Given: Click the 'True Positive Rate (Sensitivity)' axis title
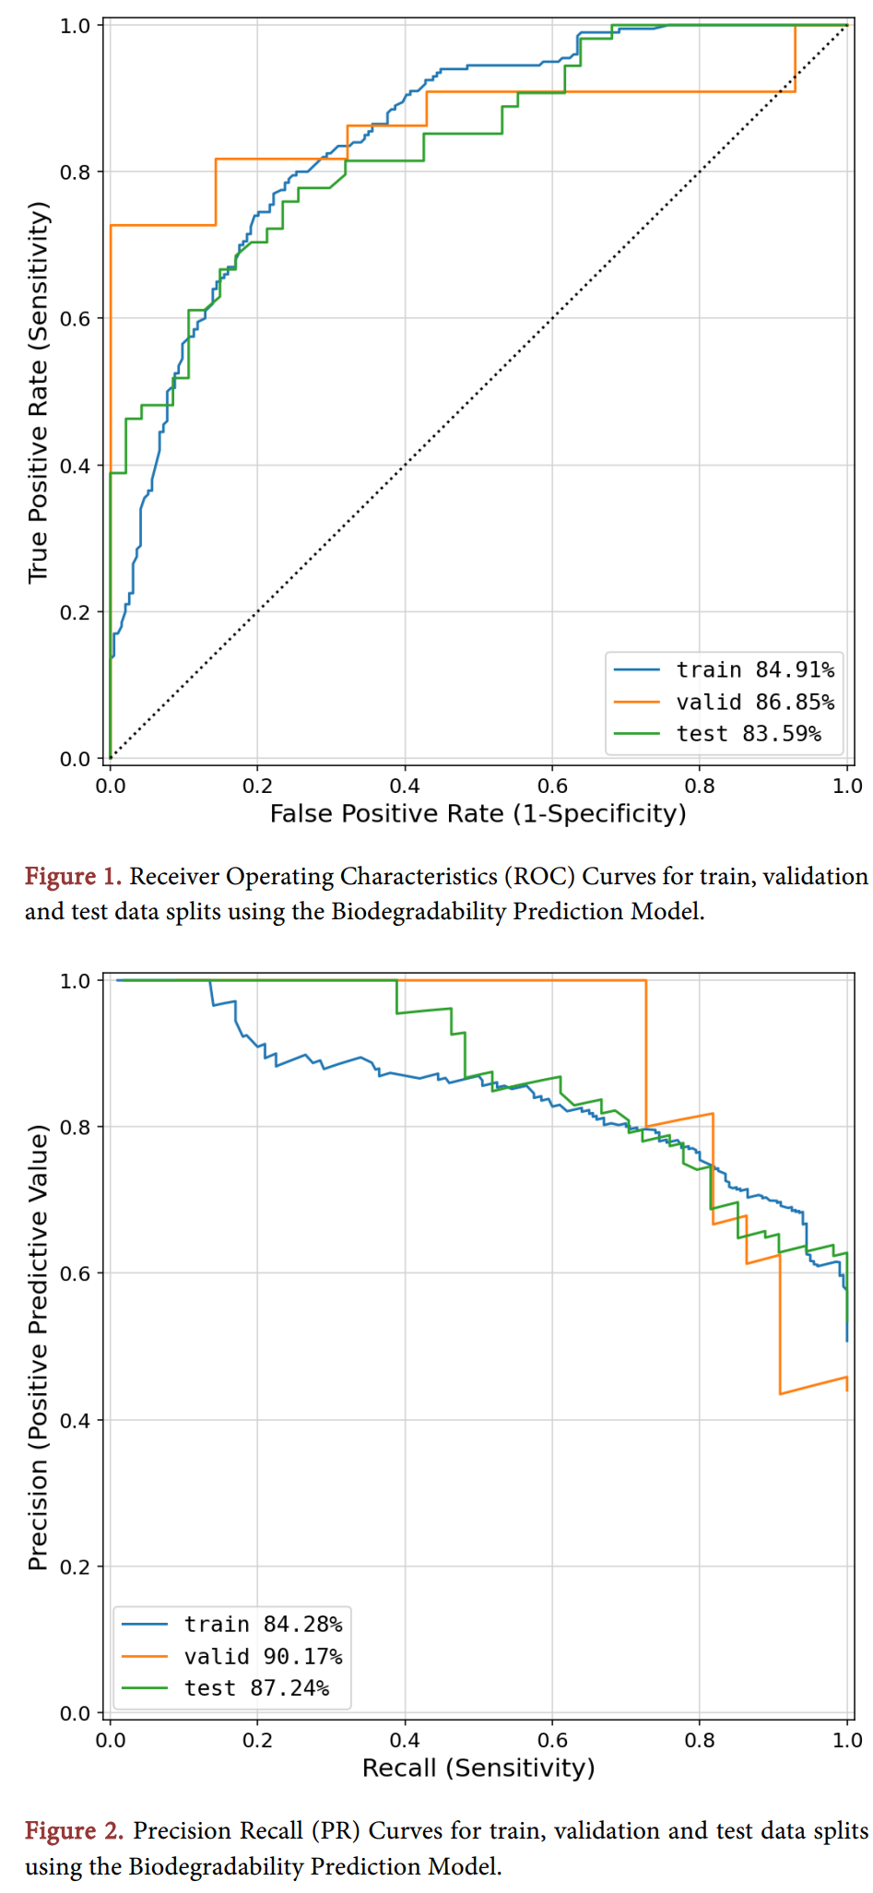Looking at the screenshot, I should pos(37,392).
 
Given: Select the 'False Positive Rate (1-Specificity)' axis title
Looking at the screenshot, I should pos(478,814).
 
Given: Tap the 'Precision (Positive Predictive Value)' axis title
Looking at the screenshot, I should pos(37,1346).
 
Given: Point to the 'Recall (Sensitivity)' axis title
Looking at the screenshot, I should pos(478,1768).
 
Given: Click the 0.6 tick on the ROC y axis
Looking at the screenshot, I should pos(76,319).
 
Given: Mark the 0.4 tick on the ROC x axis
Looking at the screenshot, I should pos(405,787).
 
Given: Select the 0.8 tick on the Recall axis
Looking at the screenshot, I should pos(699,1740).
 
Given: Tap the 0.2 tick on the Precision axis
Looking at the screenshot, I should pos(76,1567).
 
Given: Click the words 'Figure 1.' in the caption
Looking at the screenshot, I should pos(73,876).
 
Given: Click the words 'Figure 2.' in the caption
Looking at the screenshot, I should pos(73,1830).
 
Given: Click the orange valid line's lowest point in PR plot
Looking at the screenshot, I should pos(781,1393).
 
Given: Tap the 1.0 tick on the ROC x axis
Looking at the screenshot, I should pos(846,787).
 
